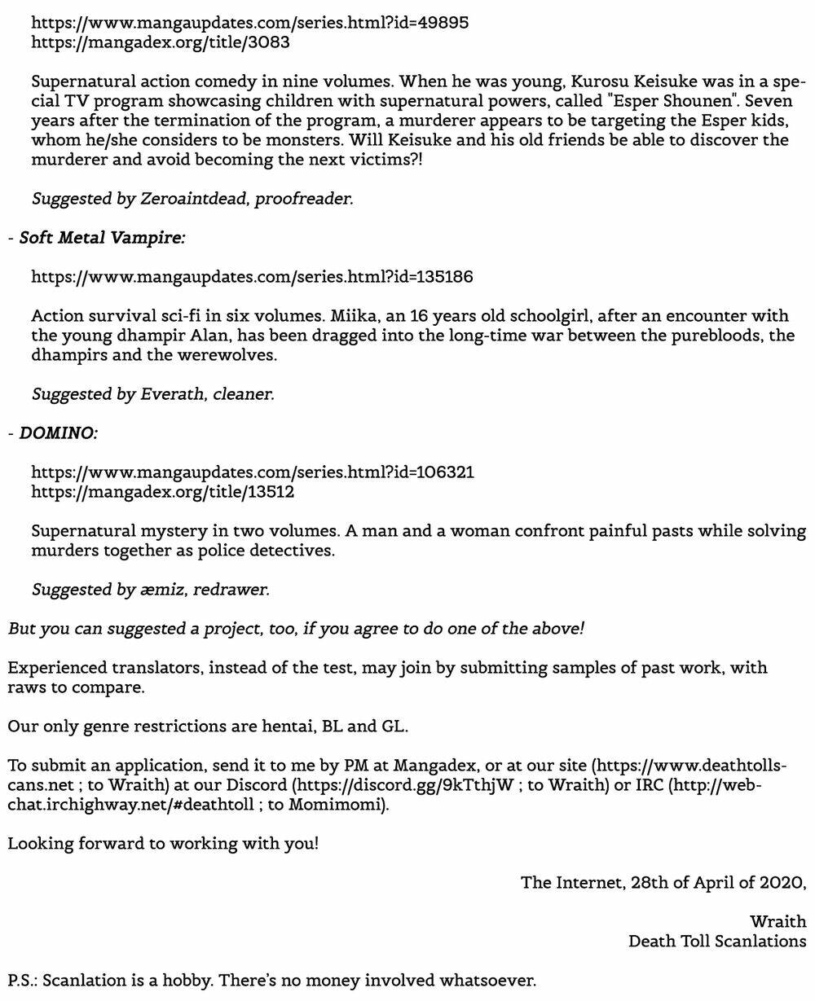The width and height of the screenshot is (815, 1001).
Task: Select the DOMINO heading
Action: tap(58, 433)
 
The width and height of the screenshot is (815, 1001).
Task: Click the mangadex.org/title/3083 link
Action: tap(161, 42)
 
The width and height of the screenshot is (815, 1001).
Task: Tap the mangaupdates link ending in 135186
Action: tap(252, 277)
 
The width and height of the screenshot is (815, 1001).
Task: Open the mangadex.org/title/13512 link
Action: tap(163, 492)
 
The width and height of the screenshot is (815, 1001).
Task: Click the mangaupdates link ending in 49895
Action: tap(249, 23)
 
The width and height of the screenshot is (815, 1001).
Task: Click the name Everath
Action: tap(173, 394)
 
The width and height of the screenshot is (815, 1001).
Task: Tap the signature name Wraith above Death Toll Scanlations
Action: tap(778, 922)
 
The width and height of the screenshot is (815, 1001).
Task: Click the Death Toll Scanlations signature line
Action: tap(717, 942)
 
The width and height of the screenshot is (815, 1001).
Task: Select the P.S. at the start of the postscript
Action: tap(22, 981)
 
